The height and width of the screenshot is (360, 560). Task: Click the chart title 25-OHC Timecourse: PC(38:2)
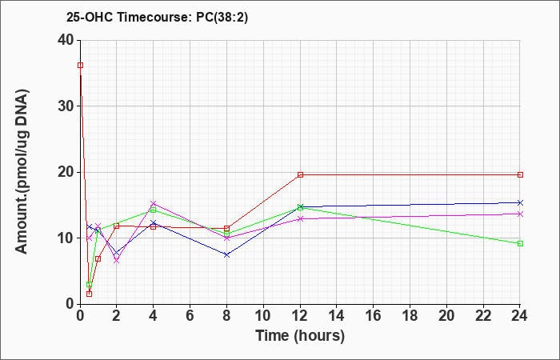pos(157,18)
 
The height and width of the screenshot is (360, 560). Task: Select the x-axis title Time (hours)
pos(300,336)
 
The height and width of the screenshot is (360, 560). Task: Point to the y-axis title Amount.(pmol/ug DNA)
pos(22,172)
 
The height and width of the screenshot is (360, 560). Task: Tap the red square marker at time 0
pos(80,65)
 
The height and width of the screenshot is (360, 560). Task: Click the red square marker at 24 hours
pos(520,174)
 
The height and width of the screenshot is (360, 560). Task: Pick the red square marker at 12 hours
pos(300,174)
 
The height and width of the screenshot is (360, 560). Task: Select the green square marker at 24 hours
pos(520,243)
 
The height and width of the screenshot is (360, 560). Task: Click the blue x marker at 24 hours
pos(520,203)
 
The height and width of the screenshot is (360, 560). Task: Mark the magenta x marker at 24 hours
pos(520,214)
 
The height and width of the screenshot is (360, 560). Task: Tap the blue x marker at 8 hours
pos(226,254)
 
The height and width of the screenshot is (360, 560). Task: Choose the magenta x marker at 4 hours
pos(154,203)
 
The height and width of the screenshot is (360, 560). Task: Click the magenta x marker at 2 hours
pos(117,260)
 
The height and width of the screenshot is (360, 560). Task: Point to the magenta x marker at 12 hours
pos(300,218)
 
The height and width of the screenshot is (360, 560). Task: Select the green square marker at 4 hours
pos(154,210)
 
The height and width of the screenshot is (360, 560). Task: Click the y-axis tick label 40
pos(66,40)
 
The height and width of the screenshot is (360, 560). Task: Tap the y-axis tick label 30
pos(66,106)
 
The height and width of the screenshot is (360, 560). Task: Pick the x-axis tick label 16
pos(374,315)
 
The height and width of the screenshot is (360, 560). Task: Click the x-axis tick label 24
pos(520,315)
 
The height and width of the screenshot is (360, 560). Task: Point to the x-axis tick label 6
pos(190,315)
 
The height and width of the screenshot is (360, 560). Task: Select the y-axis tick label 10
pos(66,238)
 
